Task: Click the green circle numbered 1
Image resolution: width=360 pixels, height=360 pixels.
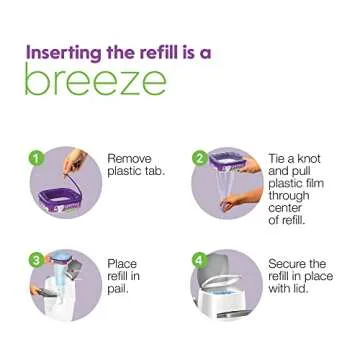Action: (x=36, y=158)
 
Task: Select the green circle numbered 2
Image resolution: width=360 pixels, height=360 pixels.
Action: (x=199, y=158)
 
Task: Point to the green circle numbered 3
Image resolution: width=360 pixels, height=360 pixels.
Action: (x=36, y=260)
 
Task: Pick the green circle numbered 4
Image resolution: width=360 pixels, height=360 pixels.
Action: (x=199, y=260)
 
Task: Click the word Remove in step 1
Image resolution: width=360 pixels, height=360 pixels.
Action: (x=129, y=159)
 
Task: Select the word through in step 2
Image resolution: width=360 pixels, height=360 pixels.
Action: (x=290, y=196)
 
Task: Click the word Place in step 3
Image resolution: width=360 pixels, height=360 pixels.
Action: (x=122, y=264)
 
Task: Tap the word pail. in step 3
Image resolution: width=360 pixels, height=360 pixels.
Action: (x=119, y=288)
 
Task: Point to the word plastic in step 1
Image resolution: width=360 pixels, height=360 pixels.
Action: (x=124, y=171)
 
